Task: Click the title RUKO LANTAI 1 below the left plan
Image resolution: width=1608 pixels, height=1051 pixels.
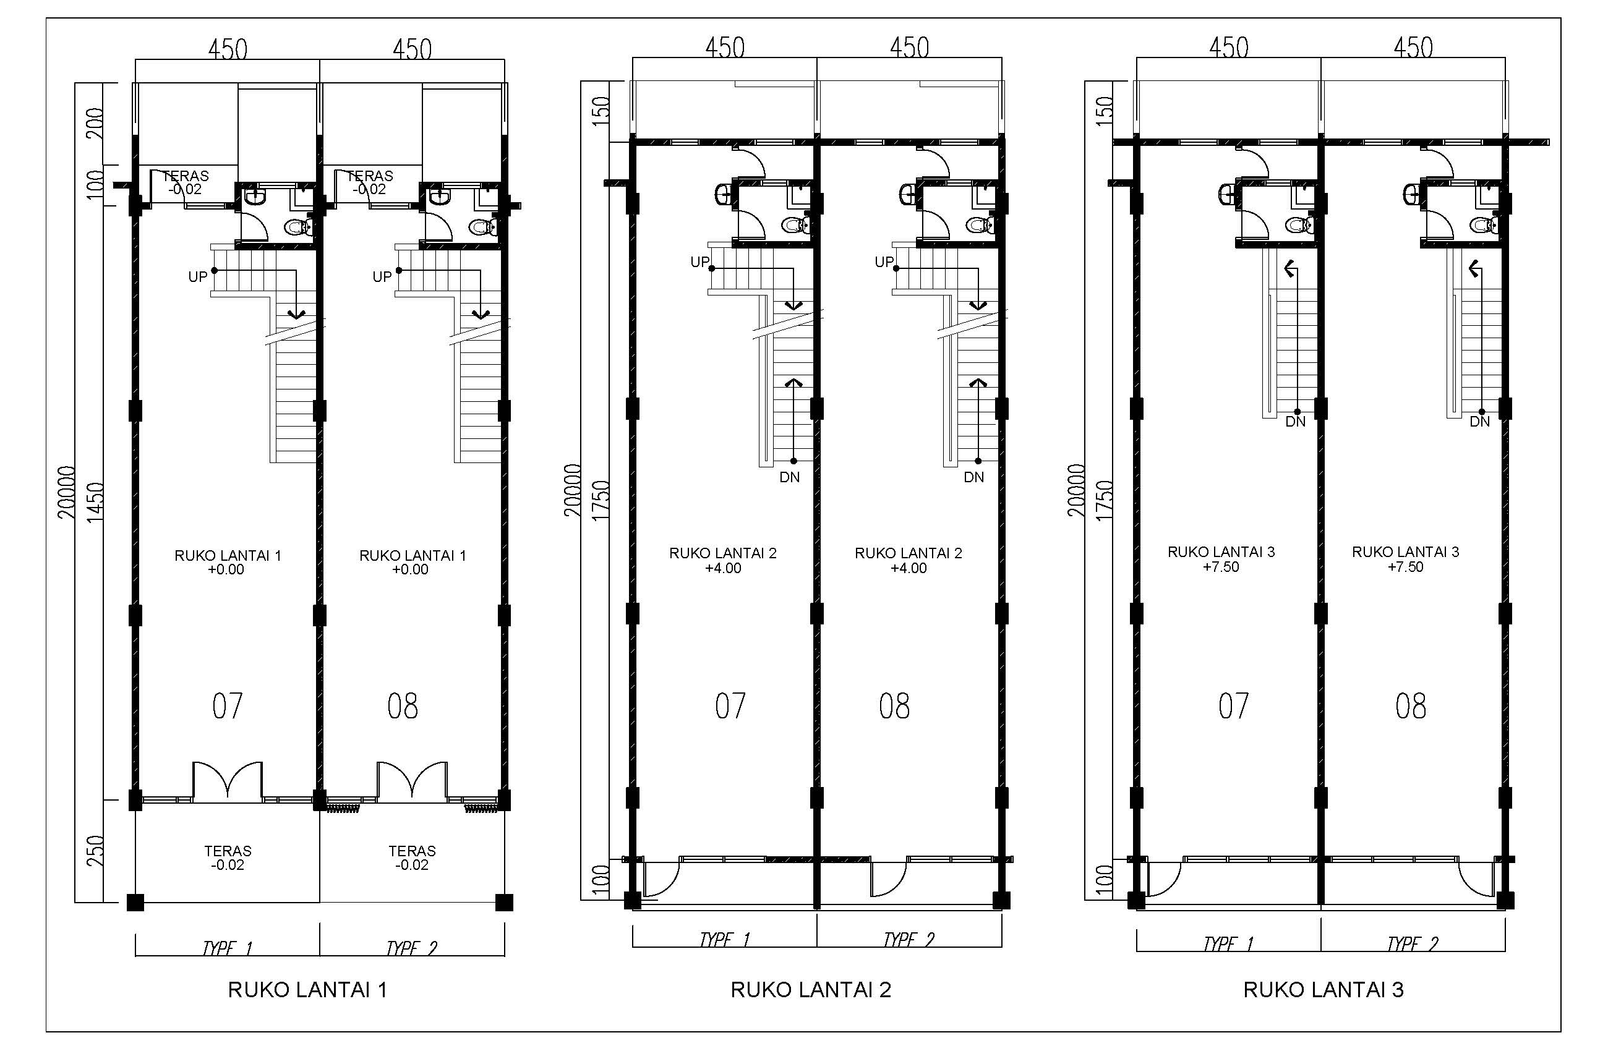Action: click(307, 990)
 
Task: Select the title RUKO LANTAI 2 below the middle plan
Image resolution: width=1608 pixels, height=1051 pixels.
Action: click(811, 990)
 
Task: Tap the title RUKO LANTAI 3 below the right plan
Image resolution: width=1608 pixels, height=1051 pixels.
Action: click(1324, 990)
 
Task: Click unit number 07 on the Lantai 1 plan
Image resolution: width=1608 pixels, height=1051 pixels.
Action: click(227, 707)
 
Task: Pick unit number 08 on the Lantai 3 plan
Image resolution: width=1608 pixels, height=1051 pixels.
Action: click(1411, 707)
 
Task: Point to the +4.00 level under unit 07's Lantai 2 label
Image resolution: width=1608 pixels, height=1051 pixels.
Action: click(723, 568)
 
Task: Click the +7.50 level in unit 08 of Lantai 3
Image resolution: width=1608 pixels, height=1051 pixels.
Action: click(1405, 567)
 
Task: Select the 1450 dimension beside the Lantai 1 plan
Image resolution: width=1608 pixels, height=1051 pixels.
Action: click(95, 501)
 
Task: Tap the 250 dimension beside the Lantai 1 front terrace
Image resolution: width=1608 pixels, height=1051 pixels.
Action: click(95, 851)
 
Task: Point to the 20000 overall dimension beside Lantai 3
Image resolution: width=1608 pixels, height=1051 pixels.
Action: click(1076, 490)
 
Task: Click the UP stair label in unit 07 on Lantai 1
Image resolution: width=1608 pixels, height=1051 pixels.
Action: click(197, 277)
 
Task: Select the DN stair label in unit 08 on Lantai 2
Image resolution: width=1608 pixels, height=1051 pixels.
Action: click(973, 477)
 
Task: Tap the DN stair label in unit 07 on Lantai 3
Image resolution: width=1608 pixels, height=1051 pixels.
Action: click(1295, 422)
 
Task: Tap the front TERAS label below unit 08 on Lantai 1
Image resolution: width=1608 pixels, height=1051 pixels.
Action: click(412, 851)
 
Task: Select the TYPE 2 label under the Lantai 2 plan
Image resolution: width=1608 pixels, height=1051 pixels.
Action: click(909, 940)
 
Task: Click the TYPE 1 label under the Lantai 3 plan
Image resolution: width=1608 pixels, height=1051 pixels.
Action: click(1228, 943)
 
